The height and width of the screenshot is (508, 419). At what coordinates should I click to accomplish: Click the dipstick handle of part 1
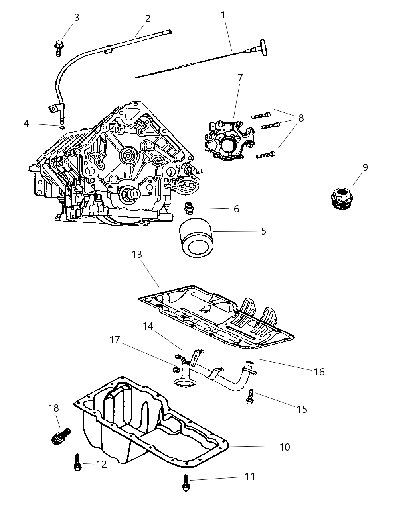click(263, 47)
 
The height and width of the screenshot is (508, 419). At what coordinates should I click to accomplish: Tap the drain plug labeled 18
click(61, 435)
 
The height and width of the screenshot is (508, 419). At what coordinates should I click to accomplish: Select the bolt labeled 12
click(77, 463)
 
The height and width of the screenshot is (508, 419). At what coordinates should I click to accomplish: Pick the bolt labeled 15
click(250, 396)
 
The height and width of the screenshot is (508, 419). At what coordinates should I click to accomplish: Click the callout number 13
click(137, 254)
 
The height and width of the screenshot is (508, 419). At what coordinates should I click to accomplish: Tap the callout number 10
click(284, 447)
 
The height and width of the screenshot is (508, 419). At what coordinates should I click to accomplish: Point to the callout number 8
click(301, 118)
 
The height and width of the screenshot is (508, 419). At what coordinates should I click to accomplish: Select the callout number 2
click(148, 18)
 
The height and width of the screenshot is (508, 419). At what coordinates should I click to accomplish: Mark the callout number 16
click(319, 372)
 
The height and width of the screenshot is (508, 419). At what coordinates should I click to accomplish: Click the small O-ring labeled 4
click(61, 127)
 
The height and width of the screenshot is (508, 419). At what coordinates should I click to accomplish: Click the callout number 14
click(148, 326)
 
